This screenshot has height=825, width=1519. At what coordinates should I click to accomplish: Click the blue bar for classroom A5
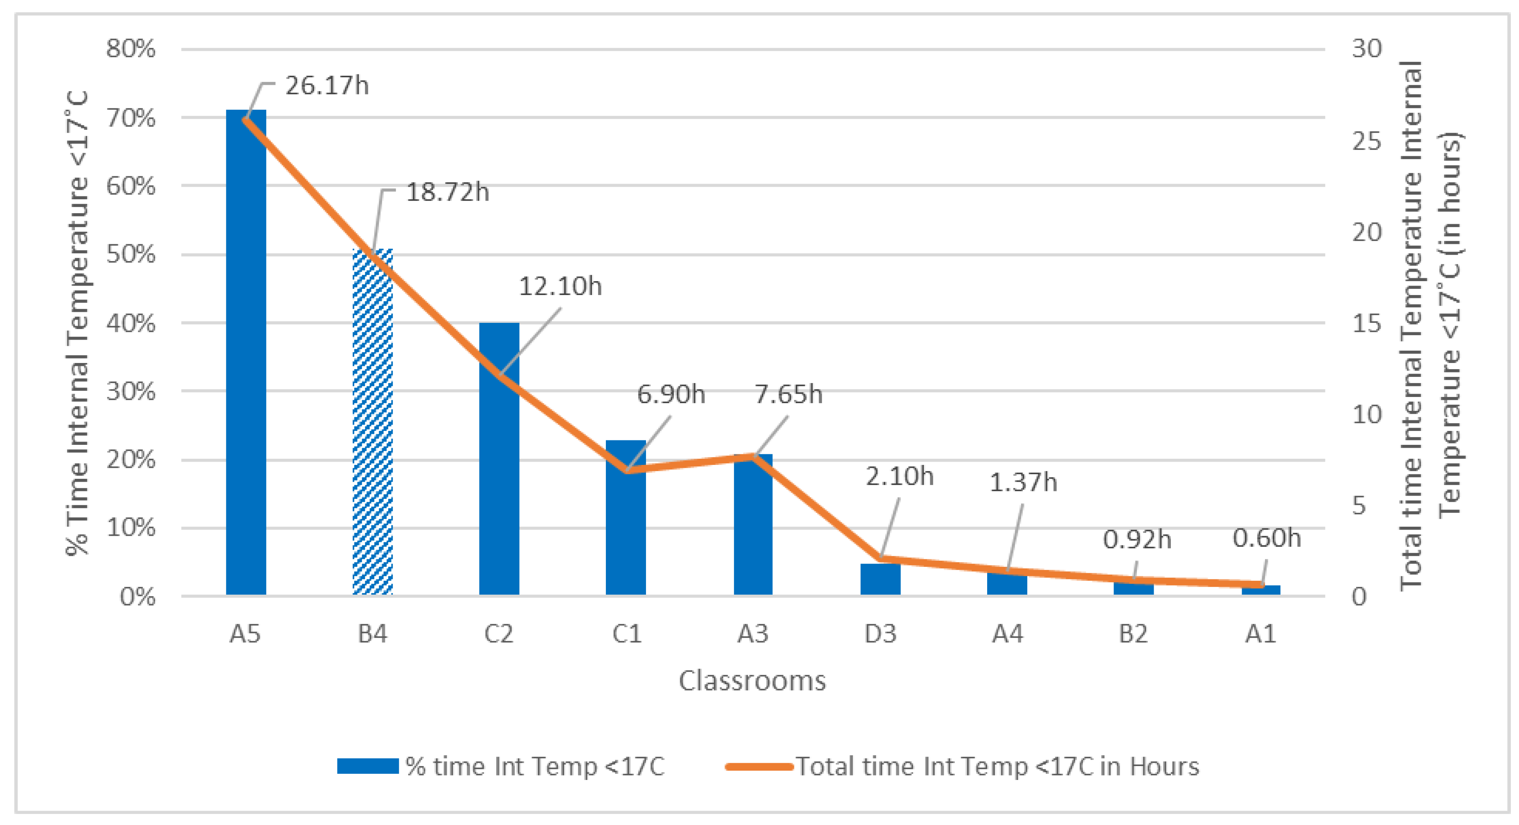tap(246, 354)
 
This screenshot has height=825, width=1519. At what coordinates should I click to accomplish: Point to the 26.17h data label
tap(327, 86)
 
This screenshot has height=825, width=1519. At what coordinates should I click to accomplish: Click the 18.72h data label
tap(448, 193)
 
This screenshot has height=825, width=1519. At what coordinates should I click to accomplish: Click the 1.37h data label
tap(1023, 482)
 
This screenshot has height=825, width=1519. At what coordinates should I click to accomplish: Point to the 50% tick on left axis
tap(131, 255)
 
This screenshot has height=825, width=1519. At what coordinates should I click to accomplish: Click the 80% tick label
tap(131, 48)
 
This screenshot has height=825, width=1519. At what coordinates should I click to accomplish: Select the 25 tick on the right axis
tap(1367, 142)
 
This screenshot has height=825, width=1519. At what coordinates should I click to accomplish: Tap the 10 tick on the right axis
tap(1367, 415)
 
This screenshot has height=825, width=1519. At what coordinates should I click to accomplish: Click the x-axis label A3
tap(753, 634)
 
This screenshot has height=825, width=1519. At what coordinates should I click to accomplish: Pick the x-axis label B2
tap(1133, 634)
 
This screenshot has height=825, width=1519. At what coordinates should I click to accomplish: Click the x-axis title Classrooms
tap(752, 681)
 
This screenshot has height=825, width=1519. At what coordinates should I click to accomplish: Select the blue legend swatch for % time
tap(368, 766)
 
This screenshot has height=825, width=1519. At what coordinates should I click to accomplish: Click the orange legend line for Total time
tap(759, 766)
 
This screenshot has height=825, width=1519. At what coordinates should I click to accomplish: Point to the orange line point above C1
tap(628, 470)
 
